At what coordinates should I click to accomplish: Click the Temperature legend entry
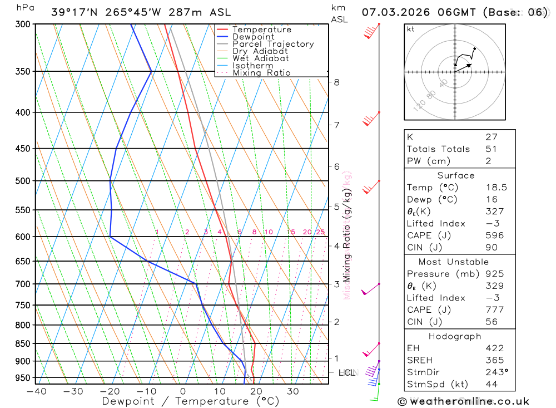(x=261, y=30)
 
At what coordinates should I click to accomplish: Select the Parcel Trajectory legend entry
(x=273, y=44)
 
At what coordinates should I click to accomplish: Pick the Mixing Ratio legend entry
(x=261, y=73)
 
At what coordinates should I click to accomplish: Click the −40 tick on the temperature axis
(x=36, y=391)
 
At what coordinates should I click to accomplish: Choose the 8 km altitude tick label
(x=336, y=82)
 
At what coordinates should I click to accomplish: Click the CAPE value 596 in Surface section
(x=494, y=235)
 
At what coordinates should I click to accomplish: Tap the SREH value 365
(x=494, y=360)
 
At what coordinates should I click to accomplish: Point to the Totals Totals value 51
(x=492, y=149)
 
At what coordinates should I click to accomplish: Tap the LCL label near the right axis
(x=347, y=372)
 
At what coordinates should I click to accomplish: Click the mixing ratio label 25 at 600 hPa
(x=320, y=232)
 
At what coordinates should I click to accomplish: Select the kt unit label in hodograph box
(x=411, y=29)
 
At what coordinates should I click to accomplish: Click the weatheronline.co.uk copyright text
(x=463, y=401)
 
